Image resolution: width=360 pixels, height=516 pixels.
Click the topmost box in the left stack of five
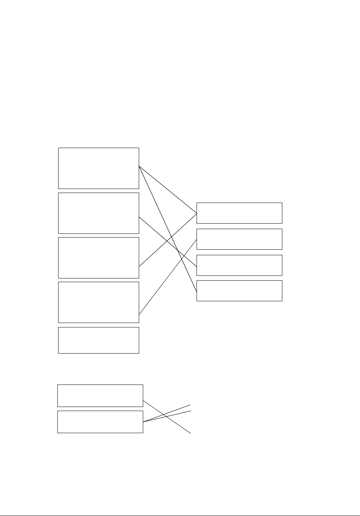tap(99, 168)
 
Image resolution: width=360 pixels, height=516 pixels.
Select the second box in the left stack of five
tap(99, 213)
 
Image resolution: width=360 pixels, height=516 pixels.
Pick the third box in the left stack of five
tap(99, 257)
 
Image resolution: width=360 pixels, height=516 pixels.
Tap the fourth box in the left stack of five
tap(99, 302)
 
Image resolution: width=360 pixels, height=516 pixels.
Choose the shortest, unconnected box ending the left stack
tap(99, 340)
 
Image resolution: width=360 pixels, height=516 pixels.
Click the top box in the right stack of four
tap(239, 213)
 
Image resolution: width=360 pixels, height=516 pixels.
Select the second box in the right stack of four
tap(239, 239)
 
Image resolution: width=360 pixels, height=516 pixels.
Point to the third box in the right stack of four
tap(239, 265)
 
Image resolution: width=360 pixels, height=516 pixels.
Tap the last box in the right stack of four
tap(239, 291)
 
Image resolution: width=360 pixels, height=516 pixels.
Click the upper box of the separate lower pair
tap(100, 396)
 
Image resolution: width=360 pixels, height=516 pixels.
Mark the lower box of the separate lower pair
tap(100, 422)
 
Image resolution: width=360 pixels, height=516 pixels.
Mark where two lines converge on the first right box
tap(196, 213)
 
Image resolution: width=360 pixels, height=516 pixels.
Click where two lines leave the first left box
tap(140, 166)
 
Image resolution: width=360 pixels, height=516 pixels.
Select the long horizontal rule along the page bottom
tap(180, 515)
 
